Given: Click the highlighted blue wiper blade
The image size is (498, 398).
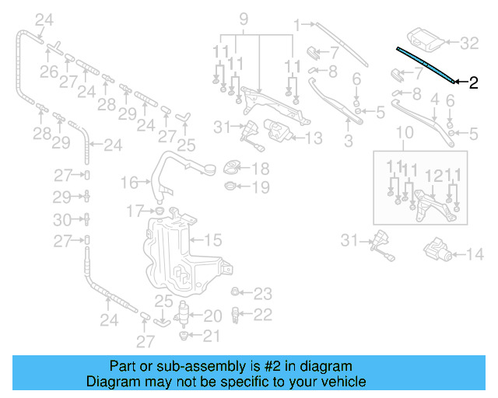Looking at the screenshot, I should click(426, 63).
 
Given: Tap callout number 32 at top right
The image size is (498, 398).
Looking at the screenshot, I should click(469, 42).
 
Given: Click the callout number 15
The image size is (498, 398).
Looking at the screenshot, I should click(212, 240).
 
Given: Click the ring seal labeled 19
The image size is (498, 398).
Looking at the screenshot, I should click(231, 187).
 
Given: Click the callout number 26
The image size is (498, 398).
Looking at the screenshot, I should click(48, 72).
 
